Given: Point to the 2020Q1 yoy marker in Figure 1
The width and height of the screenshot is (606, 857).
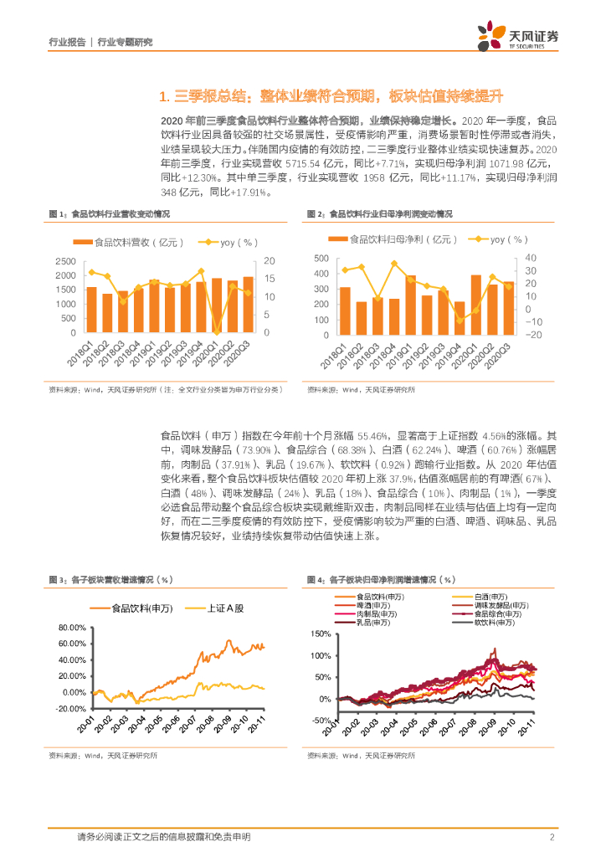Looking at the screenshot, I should (x=217, y=333).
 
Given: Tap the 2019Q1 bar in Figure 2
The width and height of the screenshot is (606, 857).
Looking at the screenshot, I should (x=410, y=305).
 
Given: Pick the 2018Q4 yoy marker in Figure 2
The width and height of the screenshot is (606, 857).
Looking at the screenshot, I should (x=393, y=264).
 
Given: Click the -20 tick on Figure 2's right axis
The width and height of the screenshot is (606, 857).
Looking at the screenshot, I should (x=533, y=334).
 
